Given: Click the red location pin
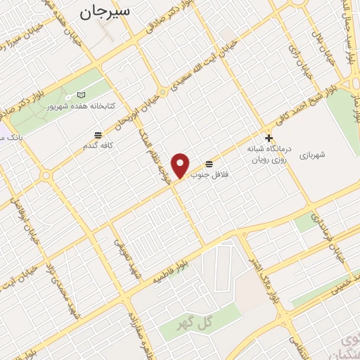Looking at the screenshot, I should [181, 165].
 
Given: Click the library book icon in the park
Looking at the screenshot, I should [82, 95].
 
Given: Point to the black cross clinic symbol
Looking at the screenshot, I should [269, 138].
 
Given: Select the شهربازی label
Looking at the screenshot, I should [314, 153].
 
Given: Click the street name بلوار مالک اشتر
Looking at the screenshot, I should [266, 278].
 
